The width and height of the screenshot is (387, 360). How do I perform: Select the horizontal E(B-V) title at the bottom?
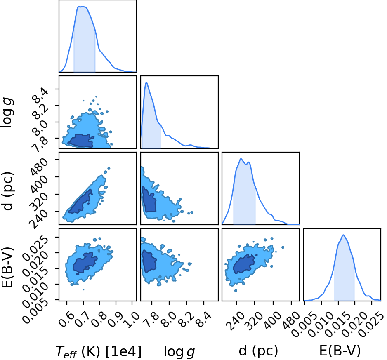tap(340, 351)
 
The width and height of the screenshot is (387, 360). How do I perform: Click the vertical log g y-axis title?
tap(7, 113)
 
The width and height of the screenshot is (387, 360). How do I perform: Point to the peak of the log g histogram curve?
tap(146, 82)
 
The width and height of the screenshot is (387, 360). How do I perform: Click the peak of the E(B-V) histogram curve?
tap(343, 235)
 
